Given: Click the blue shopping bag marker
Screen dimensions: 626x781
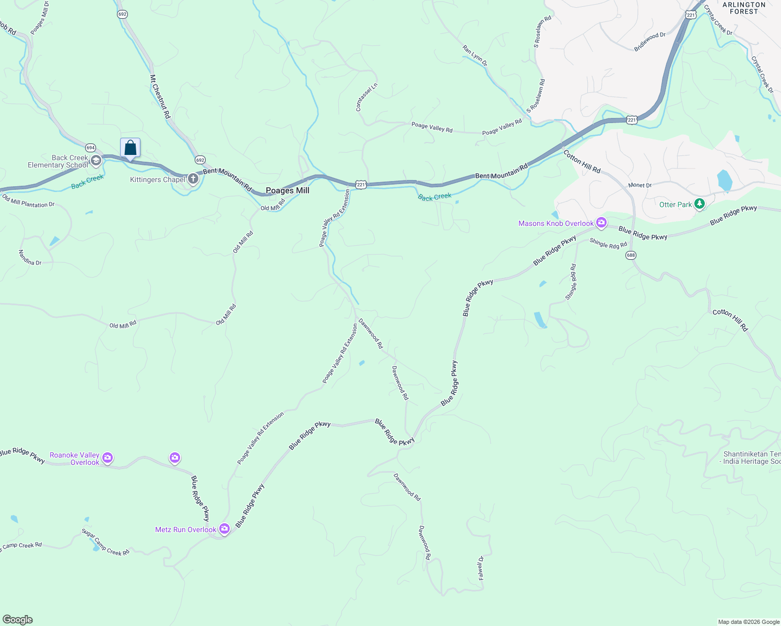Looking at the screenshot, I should click(x=130, y=148).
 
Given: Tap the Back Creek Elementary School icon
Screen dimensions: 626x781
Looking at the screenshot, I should click(x=96, y=161).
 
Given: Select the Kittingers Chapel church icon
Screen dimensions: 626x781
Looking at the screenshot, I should click(x=193, y=179).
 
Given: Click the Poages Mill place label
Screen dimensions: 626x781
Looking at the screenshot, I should click(x=288, y=191).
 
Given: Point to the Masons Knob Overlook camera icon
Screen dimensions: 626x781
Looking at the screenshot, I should click(x=601, y=223).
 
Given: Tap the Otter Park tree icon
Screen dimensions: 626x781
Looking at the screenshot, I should click(x=700, y=204).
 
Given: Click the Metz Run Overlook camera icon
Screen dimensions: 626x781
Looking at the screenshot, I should click(x=224, y=529).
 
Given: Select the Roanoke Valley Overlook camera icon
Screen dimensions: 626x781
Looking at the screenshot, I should click(x=108, y=458).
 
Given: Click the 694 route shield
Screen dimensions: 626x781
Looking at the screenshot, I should click(x=91, y=148).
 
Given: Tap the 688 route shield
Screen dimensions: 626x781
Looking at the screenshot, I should click(x=631, y=255).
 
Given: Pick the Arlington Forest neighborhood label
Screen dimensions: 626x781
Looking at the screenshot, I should click(x=744, y=8).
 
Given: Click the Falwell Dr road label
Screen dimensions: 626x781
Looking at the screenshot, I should click(x=481, y=568).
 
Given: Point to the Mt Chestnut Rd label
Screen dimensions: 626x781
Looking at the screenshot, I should click(x=160, y=97).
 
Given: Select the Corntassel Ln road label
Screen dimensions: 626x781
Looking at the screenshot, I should click(x=359, y=98).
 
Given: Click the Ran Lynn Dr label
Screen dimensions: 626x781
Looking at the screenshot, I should click(x=475, y=55).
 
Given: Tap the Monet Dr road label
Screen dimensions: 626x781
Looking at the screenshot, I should click(x=640, y=185).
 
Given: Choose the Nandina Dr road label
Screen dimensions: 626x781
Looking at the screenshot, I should click(x=30, y=258).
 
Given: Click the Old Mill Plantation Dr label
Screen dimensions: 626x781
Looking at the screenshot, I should click(x=28, y=201).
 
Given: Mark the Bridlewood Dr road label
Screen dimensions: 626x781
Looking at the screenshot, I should click(x=650, y=42).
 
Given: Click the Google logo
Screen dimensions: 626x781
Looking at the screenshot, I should click(x=18, y=620).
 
